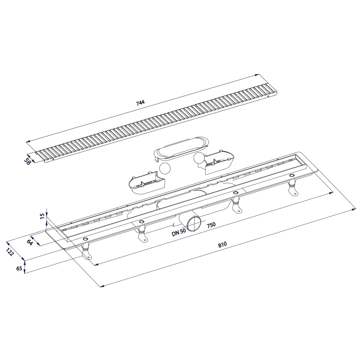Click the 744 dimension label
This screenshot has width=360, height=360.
(141, 103)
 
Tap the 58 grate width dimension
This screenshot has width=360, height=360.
(27, 161)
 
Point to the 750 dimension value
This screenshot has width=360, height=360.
(211, 224)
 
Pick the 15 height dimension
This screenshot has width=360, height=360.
(42, 216)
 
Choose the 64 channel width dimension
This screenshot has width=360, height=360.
(30, 242)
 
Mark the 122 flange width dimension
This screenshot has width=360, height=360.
(10, 252)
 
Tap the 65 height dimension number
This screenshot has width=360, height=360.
(19, 268)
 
